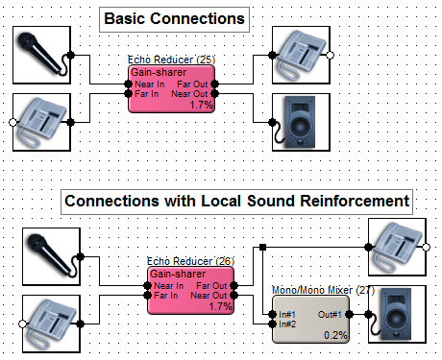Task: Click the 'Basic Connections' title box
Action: click(x=174, y=19)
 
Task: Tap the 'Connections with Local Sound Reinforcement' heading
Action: click(x=236, y=202)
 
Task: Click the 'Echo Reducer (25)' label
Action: click(x=171, y=60)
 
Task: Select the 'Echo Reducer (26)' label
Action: click(x=190, y=261)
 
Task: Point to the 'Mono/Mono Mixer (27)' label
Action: click(x=323, y=290)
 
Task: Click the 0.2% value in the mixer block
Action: click(x=335, y=335)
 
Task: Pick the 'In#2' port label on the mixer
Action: click(x=287, y=324)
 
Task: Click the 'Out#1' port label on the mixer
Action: click(x=330, y=315)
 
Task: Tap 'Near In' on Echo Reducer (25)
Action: click(x=150, y=84)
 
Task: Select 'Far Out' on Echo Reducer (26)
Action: click(x=211, y=285)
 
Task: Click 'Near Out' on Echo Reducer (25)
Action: click(x=189, y=94)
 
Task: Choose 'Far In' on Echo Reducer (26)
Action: click(x=166, y=295)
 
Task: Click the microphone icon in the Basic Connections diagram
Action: click(x=41, y=55)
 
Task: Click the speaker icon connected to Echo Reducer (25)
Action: click(x=300, y=122)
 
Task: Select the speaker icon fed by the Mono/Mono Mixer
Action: click(x=396, y=314)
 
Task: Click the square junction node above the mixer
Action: click(x=262, y=247)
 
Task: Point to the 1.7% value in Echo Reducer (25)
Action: click(x=201, y=105)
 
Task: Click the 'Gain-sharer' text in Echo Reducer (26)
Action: click(x=178, y=274)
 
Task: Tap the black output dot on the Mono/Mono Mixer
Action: click(x=350, y=315)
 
